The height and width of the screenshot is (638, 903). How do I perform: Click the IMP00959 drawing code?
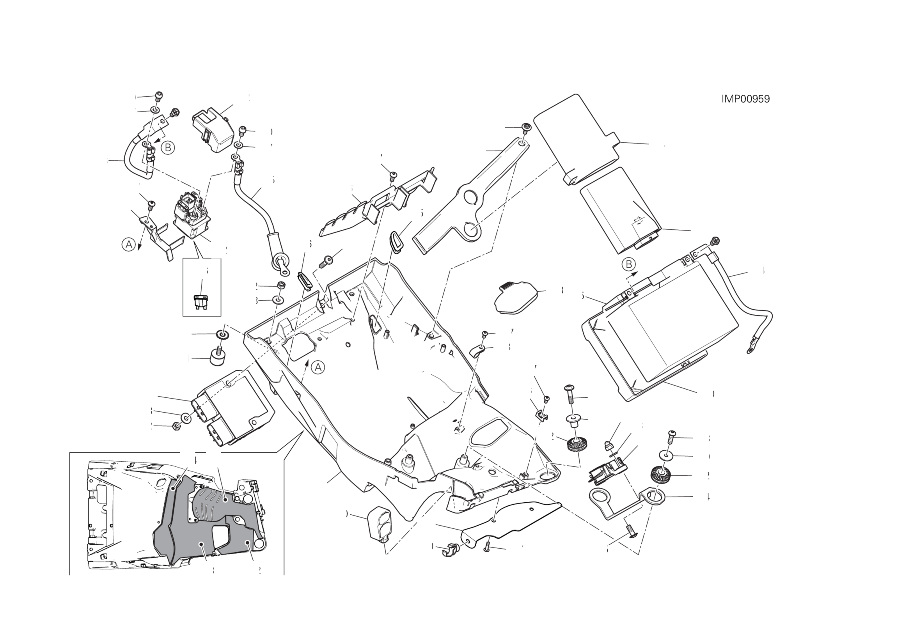(x=745, y=99)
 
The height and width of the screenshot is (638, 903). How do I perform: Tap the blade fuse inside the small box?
(x=201, y=301)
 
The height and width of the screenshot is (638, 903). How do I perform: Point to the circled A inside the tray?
(x=318, y=367)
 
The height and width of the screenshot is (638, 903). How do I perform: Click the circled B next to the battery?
(x=628, y=264)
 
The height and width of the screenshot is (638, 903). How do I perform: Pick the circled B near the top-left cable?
(x=168, y=147)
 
